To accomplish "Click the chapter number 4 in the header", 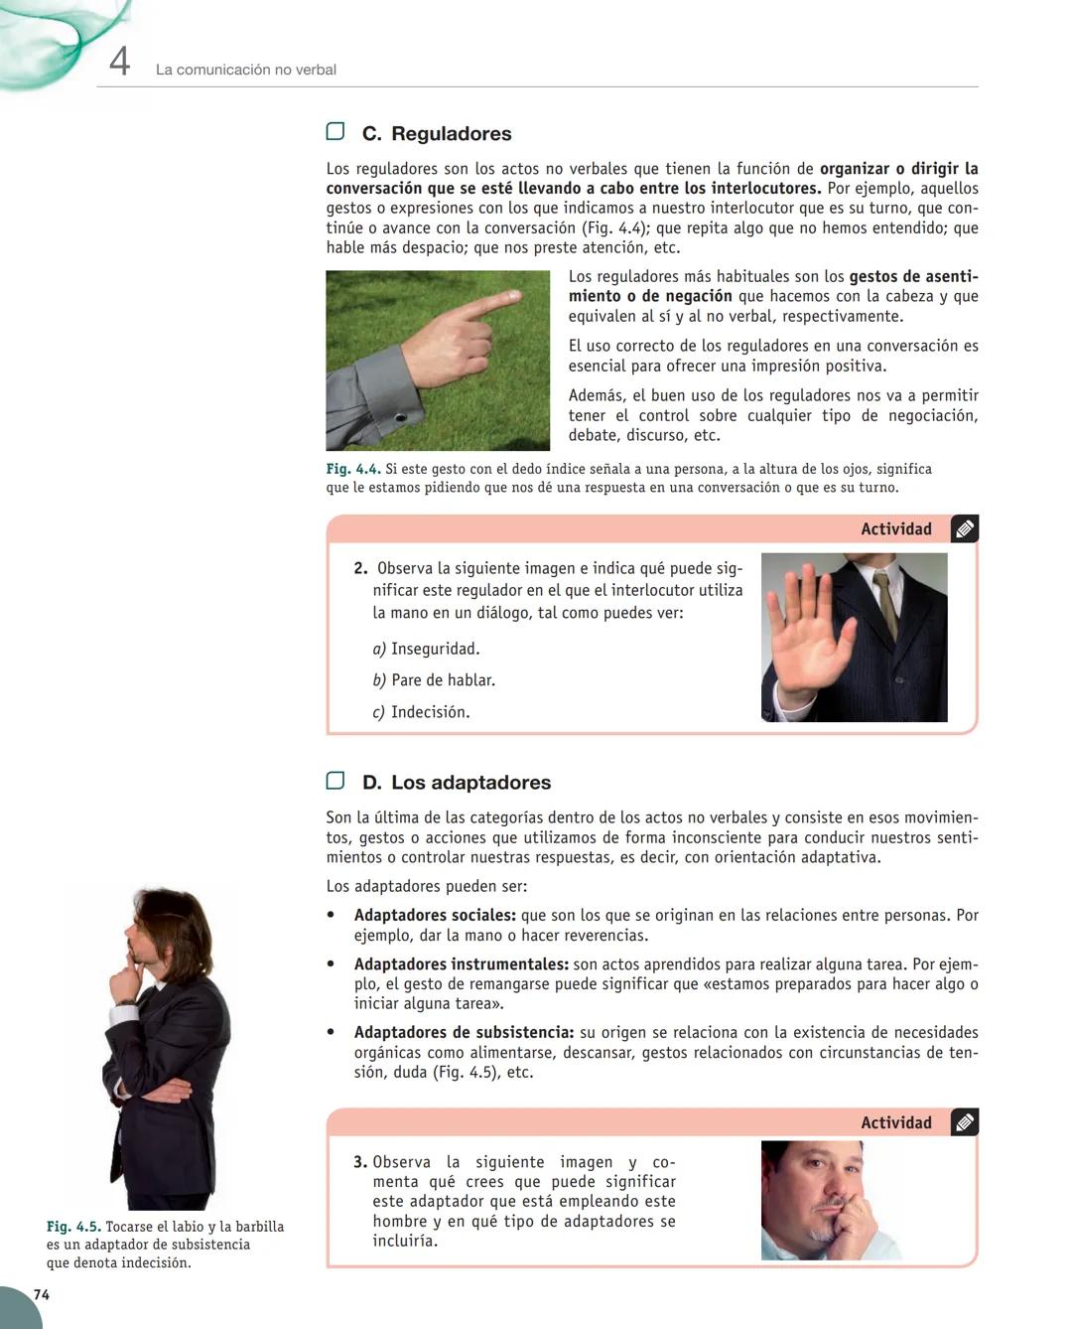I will pos(119,63).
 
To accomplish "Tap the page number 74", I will pos(42,1294).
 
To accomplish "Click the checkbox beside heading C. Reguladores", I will pos(335,131).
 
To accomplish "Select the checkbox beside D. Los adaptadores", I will pos(335,781).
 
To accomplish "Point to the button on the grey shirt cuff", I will pos(399,417).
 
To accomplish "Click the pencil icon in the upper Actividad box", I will pos(964,529).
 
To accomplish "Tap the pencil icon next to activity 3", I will pos(964,1122).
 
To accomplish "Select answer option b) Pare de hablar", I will pos(434,680).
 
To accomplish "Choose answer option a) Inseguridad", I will pos(426,649).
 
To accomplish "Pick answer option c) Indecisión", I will pos(421,712).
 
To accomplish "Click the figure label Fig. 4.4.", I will pos(352,469).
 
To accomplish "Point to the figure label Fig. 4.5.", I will pos(72,1227).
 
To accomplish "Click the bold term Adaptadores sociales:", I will pos(435,916).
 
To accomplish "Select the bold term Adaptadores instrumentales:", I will pos(461,964).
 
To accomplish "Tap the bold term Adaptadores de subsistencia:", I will pos(464,1033).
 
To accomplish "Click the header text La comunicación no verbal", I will pos(246,70).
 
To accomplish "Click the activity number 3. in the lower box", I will pos(360,1162).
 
